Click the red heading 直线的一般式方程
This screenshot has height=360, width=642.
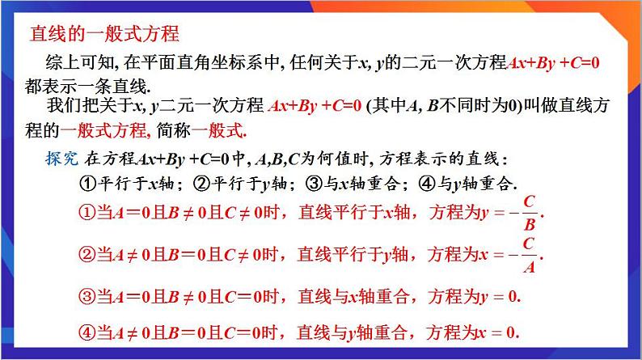[x=103, y=35]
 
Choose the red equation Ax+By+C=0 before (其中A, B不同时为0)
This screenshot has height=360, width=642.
[x=315, y=105]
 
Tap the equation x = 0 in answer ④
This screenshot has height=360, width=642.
[x=496, y=332]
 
